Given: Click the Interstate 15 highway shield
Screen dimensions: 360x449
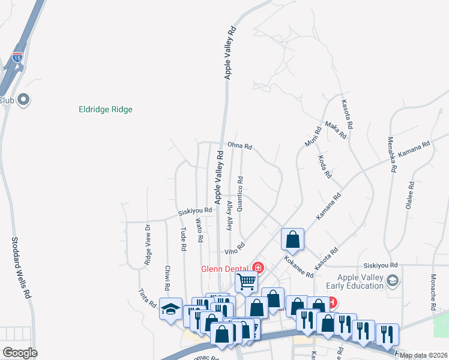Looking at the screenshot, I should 17,58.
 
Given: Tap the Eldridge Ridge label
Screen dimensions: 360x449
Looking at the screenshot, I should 106,110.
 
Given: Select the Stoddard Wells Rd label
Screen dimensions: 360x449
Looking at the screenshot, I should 20,268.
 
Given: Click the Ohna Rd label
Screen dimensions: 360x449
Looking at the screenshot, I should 240,146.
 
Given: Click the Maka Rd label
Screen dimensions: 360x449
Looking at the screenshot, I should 336,130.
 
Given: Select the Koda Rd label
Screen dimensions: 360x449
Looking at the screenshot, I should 325,167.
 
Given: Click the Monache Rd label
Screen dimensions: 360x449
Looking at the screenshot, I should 433,292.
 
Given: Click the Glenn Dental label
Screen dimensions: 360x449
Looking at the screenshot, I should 226,268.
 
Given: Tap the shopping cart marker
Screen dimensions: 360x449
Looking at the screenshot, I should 246,281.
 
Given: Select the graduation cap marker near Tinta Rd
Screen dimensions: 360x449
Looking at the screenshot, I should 170,310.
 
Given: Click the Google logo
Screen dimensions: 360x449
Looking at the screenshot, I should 20,353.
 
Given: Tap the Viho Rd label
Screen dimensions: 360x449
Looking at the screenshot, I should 235,248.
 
